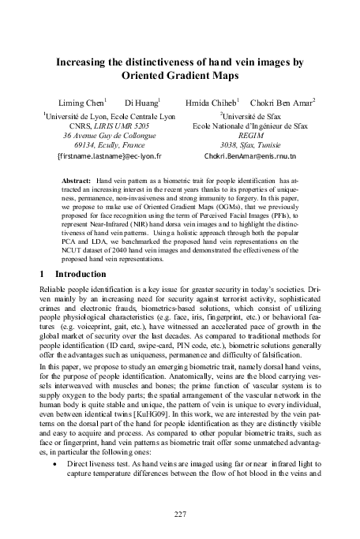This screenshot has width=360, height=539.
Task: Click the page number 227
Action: tap(180, 514)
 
